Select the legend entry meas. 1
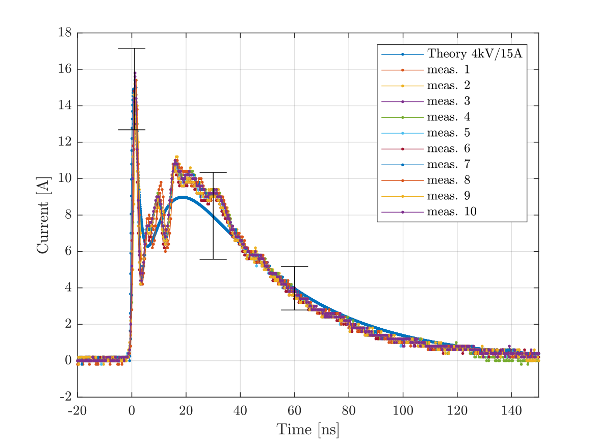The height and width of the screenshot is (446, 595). point(449,69)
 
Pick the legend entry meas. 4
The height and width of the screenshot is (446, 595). point(449,117)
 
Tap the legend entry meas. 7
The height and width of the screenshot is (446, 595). point(449,164)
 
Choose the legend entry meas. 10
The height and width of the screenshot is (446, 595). point(452,212)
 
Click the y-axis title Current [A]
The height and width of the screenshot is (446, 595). point(43,215)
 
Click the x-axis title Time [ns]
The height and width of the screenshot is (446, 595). point(308,430)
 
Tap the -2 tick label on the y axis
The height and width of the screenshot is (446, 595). point(65,397)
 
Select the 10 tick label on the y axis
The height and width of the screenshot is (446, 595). point(64,178)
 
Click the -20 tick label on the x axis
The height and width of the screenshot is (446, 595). point(77,410)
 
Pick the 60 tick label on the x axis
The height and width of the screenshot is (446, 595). point(294,410)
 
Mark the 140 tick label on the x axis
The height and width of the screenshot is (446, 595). point(511,410)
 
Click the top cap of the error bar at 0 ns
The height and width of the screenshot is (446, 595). point(132,48)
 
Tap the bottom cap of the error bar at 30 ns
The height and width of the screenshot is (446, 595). point(213,259)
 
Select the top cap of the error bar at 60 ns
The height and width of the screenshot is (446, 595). point(294,267)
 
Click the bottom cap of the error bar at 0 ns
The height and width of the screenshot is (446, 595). point(132,129)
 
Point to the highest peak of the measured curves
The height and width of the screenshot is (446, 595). point(135,73)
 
